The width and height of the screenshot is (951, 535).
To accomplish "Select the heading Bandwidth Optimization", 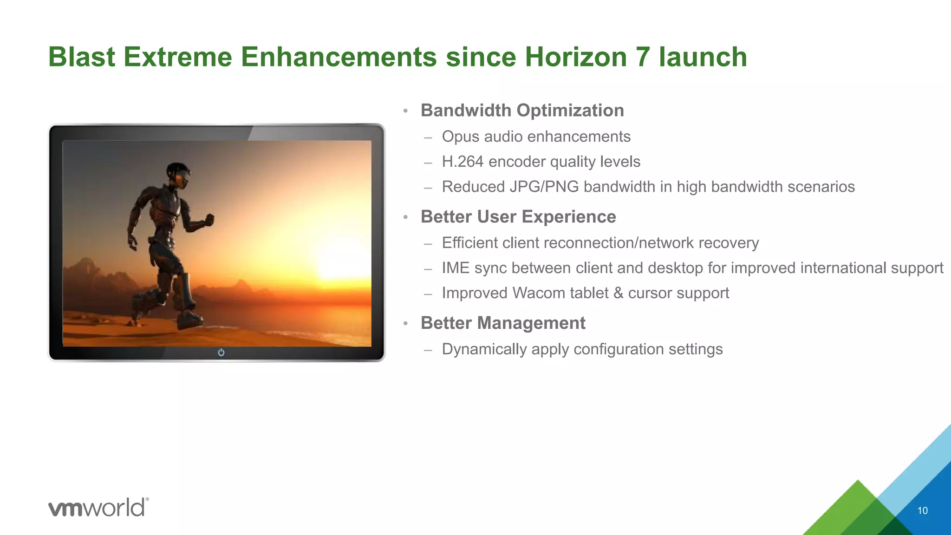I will pyautogui.click(x=522, y=111).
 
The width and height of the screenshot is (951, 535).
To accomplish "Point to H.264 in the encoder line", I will pyautogui.click(x=462, y=162).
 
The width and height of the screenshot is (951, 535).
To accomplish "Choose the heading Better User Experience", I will pyautogui.click(x=518, y=217).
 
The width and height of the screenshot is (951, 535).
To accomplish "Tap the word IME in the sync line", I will pyautogui.click(x=456, y=268).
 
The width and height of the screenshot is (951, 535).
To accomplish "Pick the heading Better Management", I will pyautogui.click(x=503, y=323).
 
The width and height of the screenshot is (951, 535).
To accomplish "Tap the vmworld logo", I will pyautogui.click(x=98, y=507).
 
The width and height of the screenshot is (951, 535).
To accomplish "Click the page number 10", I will pyautogui.click(x=922, y=511).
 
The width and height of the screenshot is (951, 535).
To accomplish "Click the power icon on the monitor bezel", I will pyautogui.click(x=221, y=352).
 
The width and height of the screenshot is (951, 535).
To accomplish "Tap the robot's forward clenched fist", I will pyautogui.click(x=209, y=219).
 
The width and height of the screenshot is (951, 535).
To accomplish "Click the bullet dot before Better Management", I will pyautogui.click(x=405, y=324).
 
